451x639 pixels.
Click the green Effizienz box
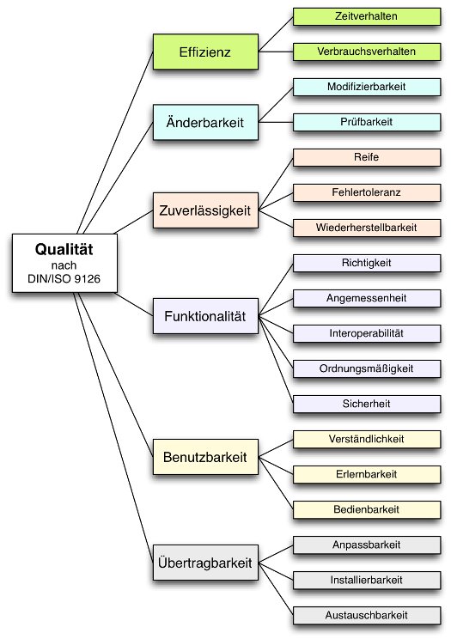coord(205,52)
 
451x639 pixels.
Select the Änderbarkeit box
coord(205,122)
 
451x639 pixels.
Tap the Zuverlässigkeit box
coord(205,210)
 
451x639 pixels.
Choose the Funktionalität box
coord(205,316)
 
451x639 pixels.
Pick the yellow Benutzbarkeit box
coord(205,457)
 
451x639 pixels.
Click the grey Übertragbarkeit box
coord(205,563)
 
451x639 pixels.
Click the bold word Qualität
coord(64,249)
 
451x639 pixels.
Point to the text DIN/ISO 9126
coord(64,279)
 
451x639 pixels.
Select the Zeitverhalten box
coord(367,16)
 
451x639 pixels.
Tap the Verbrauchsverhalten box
coord(367,52)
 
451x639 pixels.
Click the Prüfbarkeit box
coord(367,122)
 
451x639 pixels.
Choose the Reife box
coord(367,157)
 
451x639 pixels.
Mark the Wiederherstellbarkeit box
coord(367,228)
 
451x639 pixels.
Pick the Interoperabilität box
coord(367,333)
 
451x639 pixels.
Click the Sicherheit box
coord(367,404)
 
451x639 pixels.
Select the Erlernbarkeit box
coord(367,474)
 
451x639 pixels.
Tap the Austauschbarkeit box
coord(367,615)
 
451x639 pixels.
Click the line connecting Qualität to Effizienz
coord(115,143)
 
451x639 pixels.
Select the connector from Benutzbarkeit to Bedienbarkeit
coord(276,484)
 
